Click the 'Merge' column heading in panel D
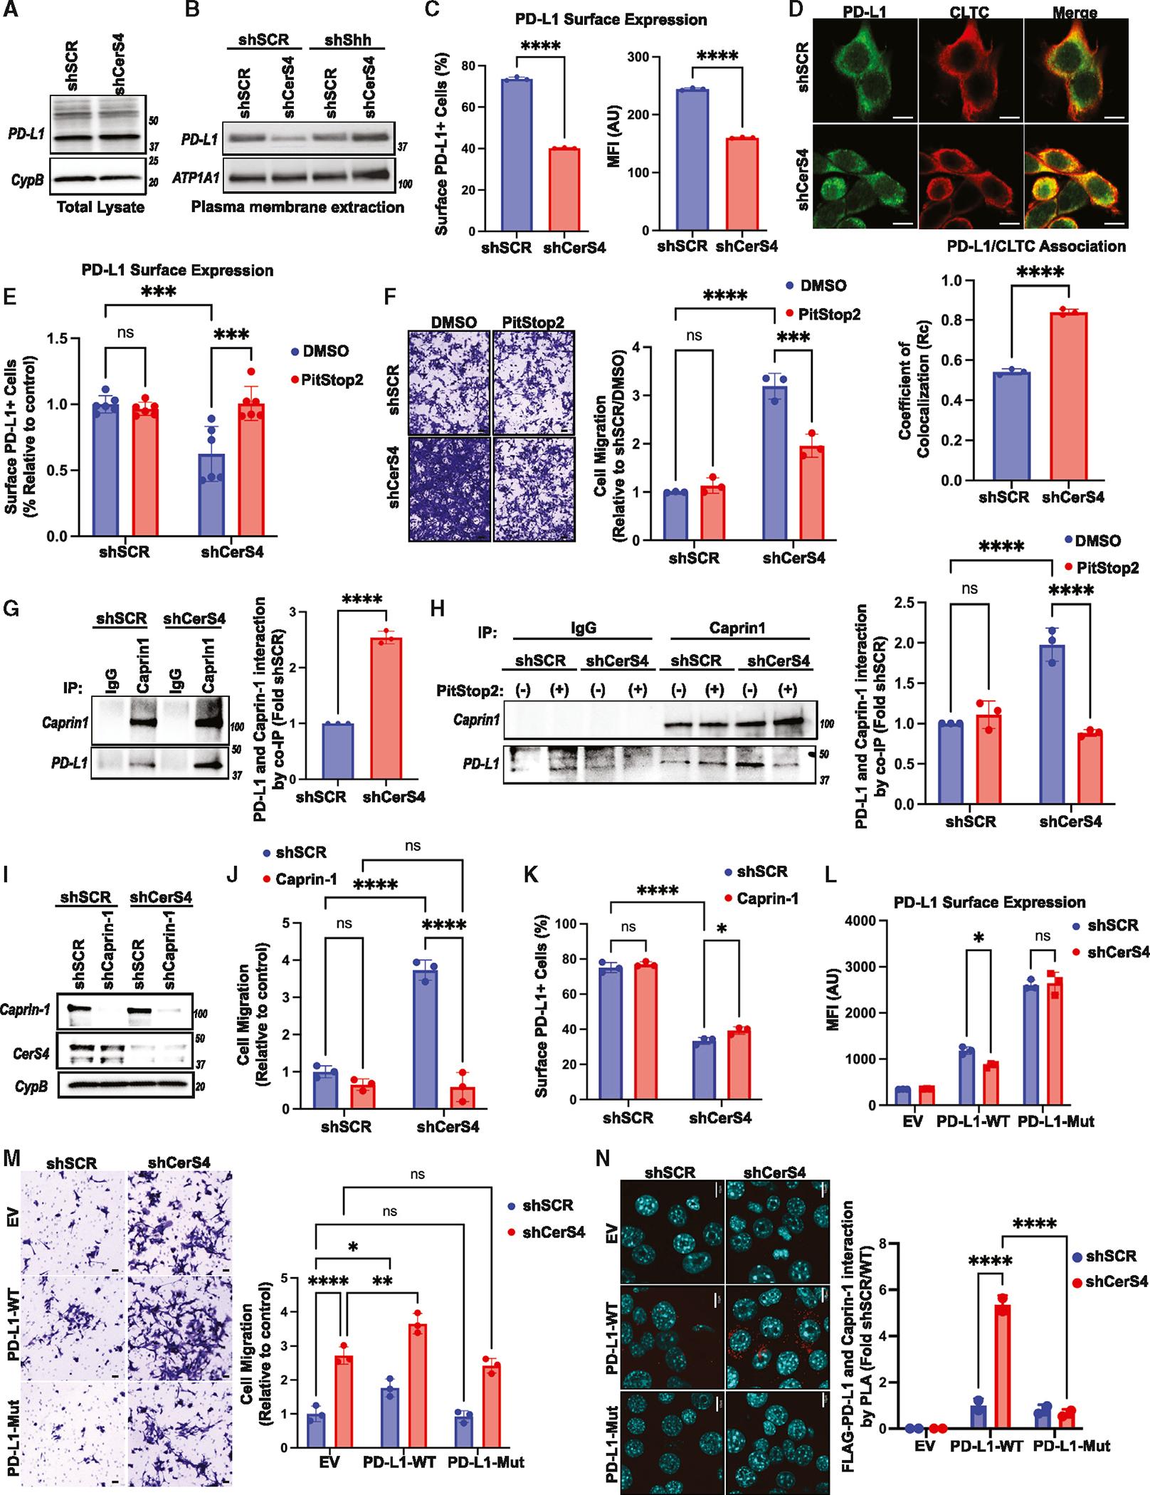tap(1075, 12)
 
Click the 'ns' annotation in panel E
tap(125, 333)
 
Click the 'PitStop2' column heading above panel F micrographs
tap(532, 322)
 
